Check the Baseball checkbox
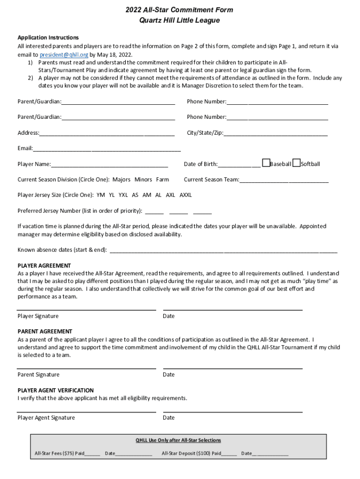pos(266,163)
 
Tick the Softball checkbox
pos(296,163)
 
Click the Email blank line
pos(107,149)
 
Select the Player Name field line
pos(109,165)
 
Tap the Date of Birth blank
pos(239,165)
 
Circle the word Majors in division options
pos(122,180)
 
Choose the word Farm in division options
pos(163,180)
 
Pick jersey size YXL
pos(123,195)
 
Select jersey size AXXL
pos(186,195)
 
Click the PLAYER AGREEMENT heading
pos(44,265)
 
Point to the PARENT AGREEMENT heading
pos(45,331)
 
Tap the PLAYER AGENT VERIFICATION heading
pos(56,390)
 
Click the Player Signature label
pos(38,316)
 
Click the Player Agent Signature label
pos(46,418)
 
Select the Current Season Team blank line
pos(284,181)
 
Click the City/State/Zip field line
pos(275,134)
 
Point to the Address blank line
pos(107,134)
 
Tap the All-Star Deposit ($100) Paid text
pos(191,453)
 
